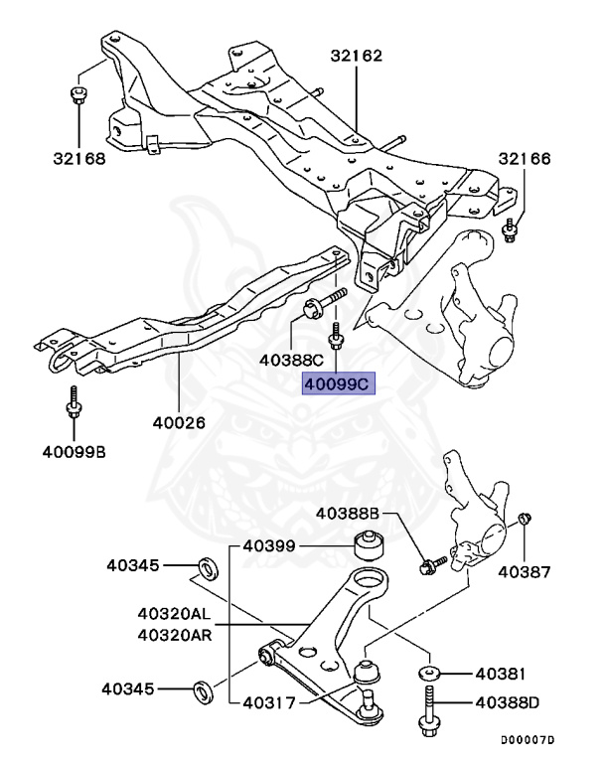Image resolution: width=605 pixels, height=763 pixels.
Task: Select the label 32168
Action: click(x=78, y=156)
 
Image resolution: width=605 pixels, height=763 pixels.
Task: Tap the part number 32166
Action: click(x=524, y=159)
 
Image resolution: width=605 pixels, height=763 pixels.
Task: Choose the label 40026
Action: click(x=179, y=421)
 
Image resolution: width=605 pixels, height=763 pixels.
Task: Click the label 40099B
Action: click(x=74, y=452)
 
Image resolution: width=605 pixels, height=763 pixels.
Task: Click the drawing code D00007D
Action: click(x=527, y=740)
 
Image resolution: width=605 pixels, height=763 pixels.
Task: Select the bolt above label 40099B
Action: click(x=73, y=409)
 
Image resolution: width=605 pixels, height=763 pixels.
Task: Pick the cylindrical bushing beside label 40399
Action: click(x=369, y=545)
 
